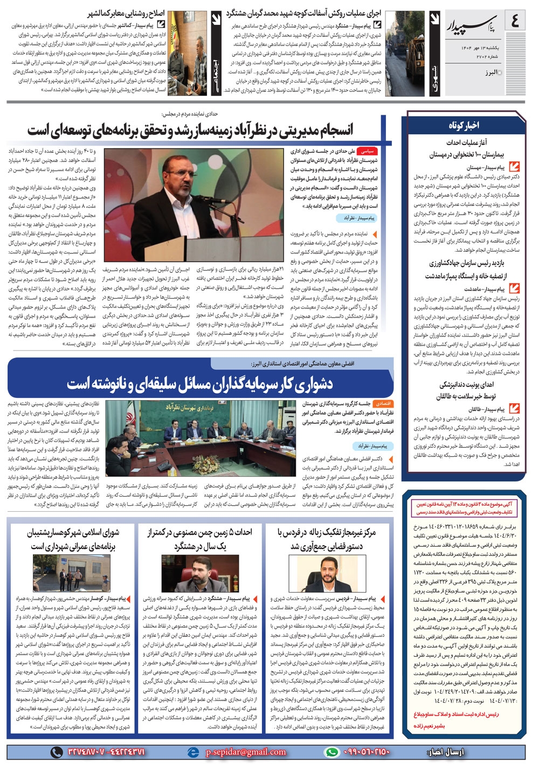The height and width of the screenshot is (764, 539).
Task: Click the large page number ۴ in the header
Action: pyautogui.click(x=515, y=22)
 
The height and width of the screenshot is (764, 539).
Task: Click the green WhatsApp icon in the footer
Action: pyautogui.click(x=332, y=752)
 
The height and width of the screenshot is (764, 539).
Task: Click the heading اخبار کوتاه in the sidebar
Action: pyautogui.click(x=464, y=125)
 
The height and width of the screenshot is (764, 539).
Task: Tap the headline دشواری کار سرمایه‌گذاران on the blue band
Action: pyautogui.click(x=199, y=384)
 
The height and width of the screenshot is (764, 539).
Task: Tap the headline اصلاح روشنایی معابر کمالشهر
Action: pyautogui.click(x=127, y=14)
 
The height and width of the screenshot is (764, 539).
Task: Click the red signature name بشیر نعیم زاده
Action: pyautogui.click(x=429, y=726)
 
